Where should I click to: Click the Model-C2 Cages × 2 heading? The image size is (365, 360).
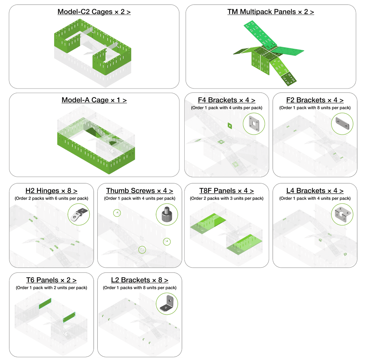(x=94, y=12)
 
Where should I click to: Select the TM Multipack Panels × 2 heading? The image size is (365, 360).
(x=270, y=12)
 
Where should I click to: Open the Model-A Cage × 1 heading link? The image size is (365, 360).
(x=94, y=100)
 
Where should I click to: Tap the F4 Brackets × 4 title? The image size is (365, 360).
(x=227, y=100)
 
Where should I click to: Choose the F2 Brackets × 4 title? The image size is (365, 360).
(x=315, y=100)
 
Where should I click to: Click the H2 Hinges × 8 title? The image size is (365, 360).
(x=51, y=191)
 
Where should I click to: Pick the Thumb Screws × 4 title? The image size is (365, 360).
(x=140, y=191)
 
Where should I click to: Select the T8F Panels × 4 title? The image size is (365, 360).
(x=227, y=191)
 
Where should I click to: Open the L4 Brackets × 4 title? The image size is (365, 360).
(x=315, y=191)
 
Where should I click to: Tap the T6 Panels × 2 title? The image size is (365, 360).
(x=51, y=280)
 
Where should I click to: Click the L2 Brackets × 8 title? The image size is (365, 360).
(x=140, y=280)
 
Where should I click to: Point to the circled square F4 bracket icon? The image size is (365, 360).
(x=254, y=124)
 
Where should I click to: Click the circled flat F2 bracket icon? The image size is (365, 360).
(x=342, y=124)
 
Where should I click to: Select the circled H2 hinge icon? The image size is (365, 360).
(x=78, y=214)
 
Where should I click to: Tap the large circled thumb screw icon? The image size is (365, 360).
(x=167, y=214)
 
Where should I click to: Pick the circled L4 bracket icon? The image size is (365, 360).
(x=342, y=214)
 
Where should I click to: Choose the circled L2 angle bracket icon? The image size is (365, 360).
(x=167, y=304)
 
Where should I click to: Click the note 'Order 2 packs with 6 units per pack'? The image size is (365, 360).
(x=51, y=199)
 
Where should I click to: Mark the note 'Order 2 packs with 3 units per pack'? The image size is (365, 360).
(x=227, y=199)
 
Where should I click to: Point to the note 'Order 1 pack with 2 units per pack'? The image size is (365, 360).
(x=51, y=288)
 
